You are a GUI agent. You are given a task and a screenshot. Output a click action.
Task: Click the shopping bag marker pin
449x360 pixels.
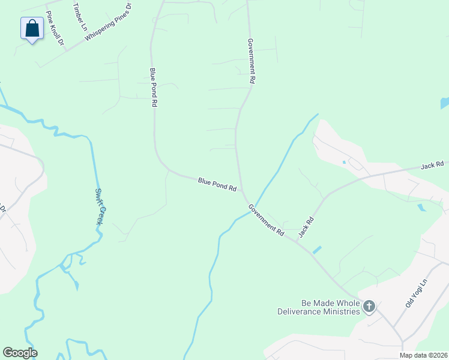click(32, 28)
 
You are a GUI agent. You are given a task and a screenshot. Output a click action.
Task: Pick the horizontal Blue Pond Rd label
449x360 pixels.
click(217, 184)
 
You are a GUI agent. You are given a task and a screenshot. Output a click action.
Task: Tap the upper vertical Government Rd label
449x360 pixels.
click(252, 61)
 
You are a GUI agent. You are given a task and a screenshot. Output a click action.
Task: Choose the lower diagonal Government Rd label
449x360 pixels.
click(267, 220)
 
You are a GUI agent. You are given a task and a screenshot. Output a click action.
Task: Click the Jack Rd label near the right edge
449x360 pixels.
click(432, 164)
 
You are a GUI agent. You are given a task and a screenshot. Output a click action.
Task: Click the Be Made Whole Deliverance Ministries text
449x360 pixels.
click(319, 307)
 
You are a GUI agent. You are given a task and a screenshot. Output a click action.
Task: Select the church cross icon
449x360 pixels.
click(369, 308)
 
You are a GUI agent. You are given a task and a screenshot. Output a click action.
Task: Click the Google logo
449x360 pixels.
click(20, 352)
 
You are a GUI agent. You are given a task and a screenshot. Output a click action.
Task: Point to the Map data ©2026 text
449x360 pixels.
click(423, 355)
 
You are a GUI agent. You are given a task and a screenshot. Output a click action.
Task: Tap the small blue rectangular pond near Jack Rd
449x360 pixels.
click(316, 250)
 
